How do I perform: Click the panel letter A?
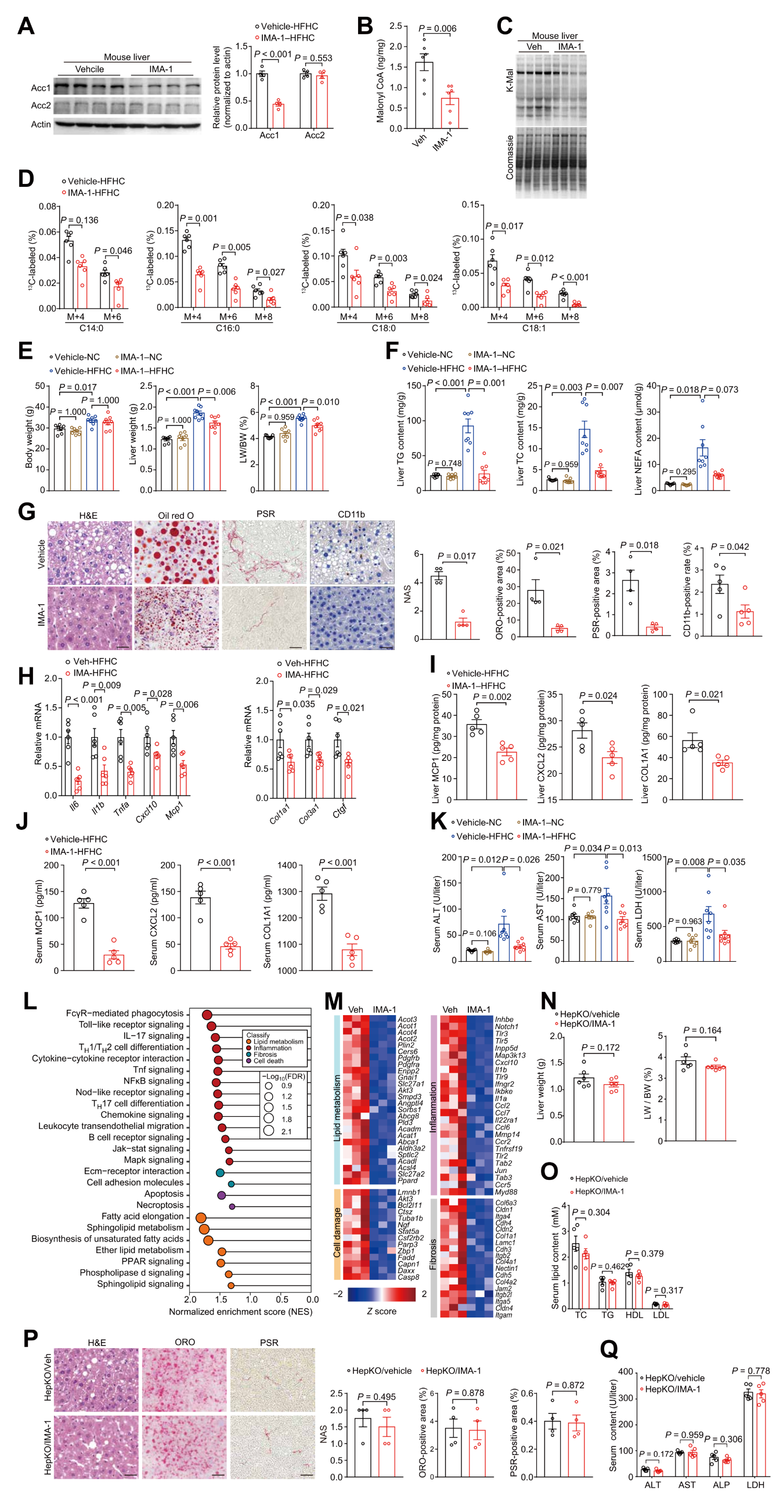pyautogui.click(x=26, y=26)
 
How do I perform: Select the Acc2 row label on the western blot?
pyautogui.click(x=41, y=106)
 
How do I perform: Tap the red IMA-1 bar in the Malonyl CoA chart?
pyautogui.click(x=450, y=113)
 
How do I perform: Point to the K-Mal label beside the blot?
pyautogui.click(x=510, y=80)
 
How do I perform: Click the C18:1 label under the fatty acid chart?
pyautogui.click(x=533, y=328)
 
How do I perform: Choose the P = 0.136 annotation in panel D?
pyautogui.click(x=80, y=221)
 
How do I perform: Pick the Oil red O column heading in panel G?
pyautogui.click(x=176, y=515)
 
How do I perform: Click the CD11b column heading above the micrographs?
pyautogui.click(x=351, y=514)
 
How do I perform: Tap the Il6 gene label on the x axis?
pyautogui.click(x=74, y=806)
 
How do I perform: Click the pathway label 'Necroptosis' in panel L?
pyautogui.click(x=160, y=1205)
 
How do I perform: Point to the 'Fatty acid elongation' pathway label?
pyautogui.click(x=142, y=1216)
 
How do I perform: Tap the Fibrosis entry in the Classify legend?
pyautogui.click(x=265, y=1054)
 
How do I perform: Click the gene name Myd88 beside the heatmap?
pyautogui.click(x=506, y=1192)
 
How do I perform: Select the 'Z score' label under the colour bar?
pyautogui.click(x=381, y=1311)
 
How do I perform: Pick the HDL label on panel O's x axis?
pyautogui.click(x=634, y=1315)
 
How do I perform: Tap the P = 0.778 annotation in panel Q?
pyautogui.click(x=751, y=1371)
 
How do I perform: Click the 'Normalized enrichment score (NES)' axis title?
pyautogui.click(x=241, y=1312)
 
